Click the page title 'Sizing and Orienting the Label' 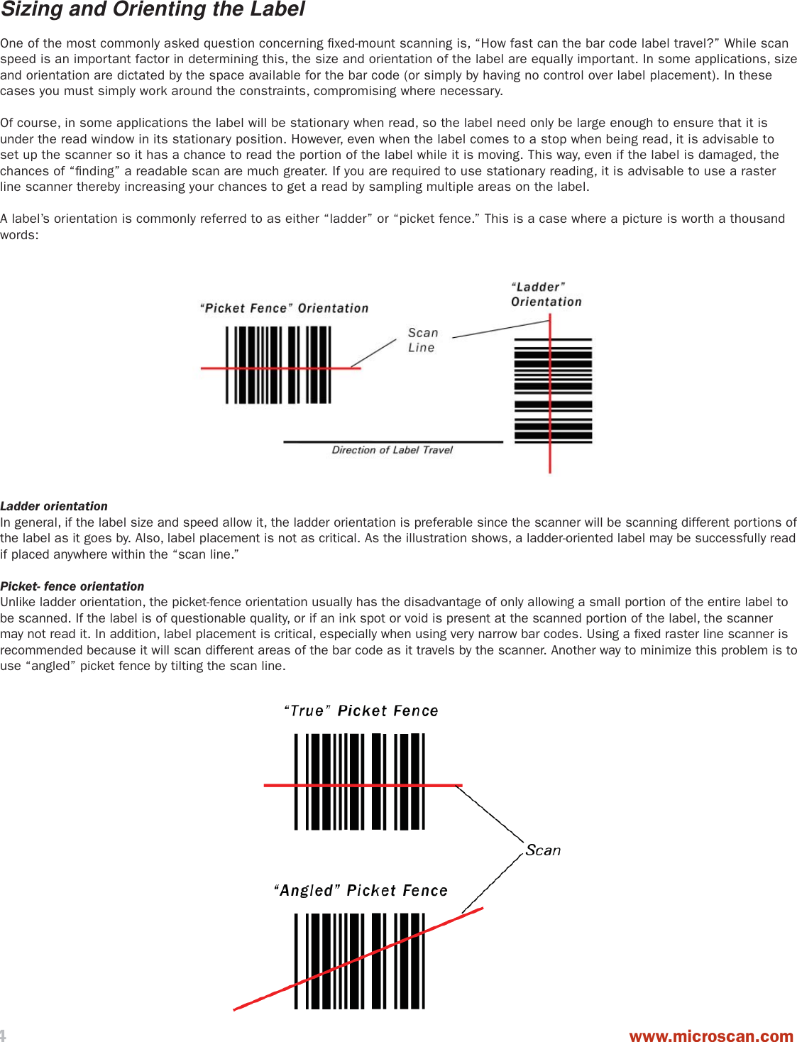153,10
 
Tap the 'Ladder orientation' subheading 54,506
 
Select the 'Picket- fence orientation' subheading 72,586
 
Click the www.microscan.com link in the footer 710,1036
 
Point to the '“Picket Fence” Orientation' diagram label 284,308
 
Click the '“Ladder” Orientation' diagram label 546,295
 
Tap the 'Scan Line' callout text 423,340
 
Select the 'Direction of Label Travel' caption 392,450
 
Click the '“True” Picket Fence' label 361,711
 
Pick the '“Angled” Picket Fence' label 361,890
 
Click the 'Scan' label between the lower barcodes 543,850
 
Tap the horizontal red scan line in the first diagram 213,368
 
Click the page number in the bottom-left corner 3,1035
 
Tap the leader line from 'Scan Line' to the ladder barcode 500,329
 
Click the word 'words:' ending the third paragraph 19,235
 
